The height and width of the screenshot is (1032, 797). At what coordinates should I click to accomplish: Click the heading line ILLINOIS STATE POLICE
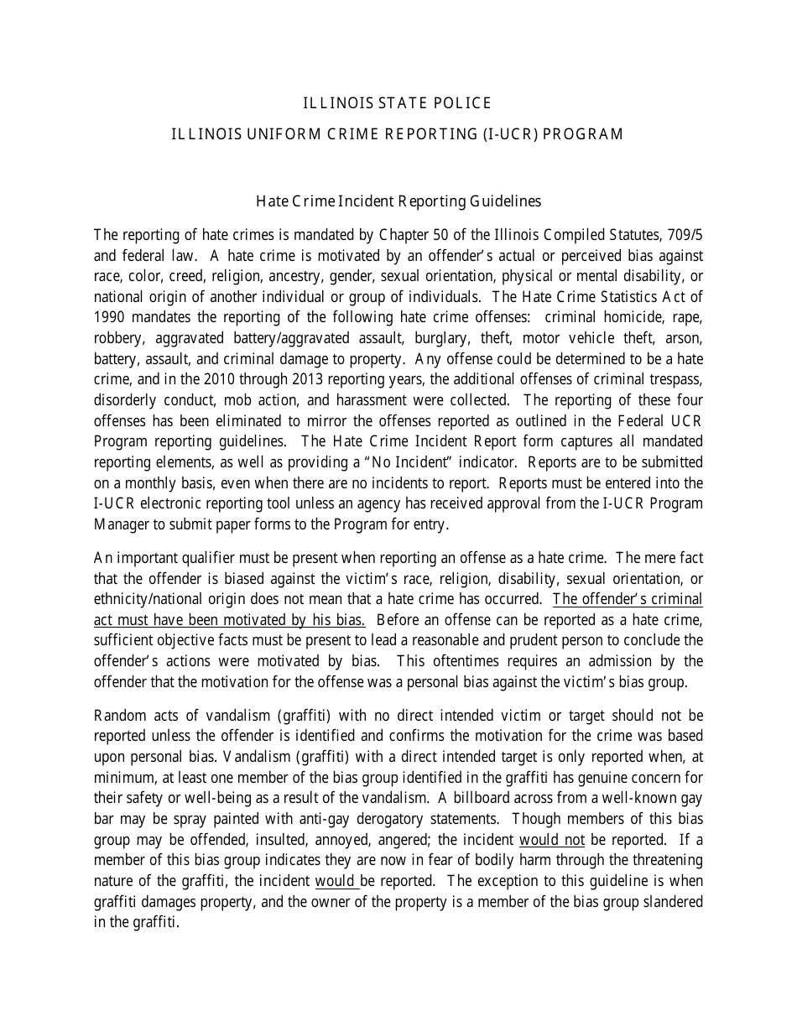coord(397,103)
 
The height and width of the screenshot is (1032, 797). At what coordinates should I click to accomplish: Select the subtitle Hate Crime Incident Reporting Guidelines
coord(398,201)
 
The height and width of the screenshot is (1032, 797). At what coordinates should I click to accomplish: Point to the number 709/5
coord(685,233)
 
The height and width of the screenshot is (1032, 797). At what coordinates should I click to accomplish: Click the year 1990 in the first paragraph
coord(109,316)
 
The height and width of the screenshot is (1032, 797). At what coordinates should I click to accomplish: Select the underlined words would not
coord(551,839)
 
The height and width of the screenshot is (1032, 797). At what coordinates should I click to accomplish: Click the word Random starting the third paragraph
coord(120,716)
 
